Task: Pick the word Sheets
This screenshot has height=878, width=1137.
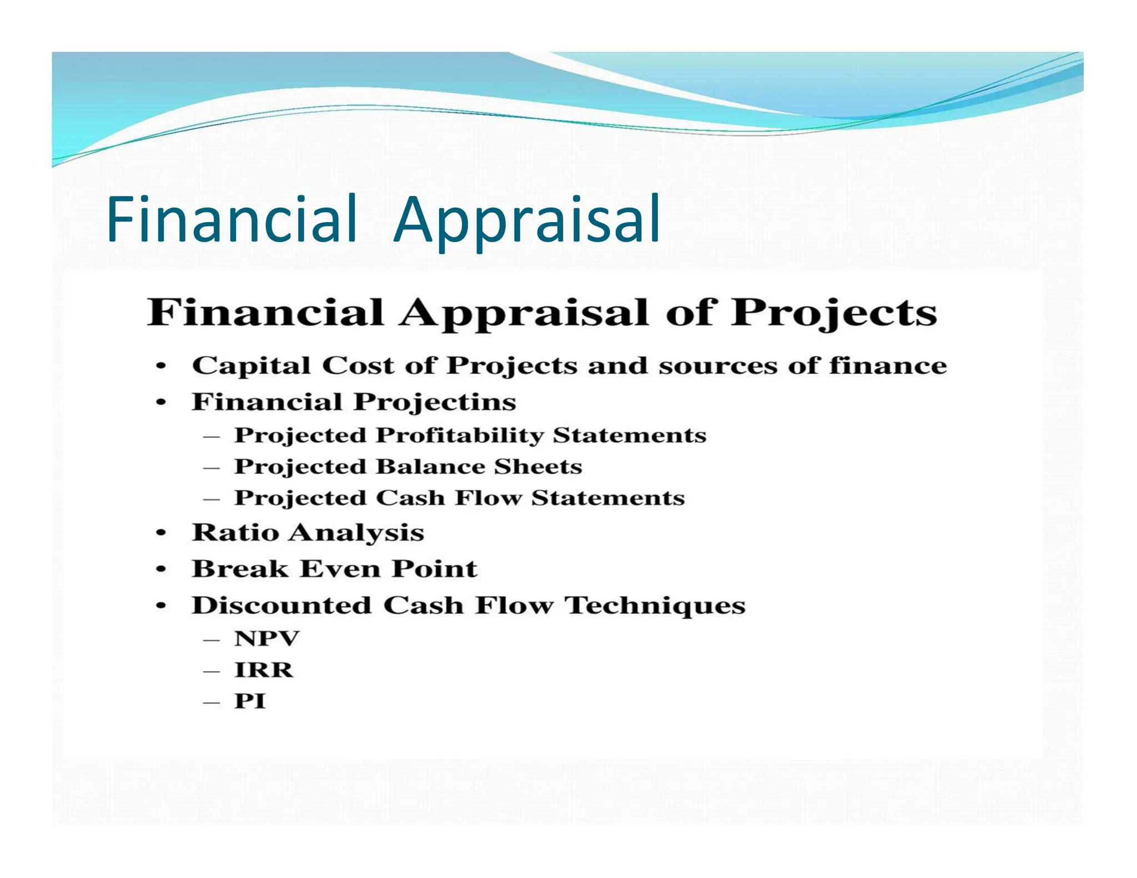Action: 538,467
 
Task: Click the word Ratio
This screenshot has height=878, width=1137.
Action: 235,532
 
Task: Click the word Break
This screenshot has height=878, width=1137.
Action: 240,569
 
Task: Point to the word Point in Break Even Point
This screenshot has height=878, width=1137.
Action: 434,569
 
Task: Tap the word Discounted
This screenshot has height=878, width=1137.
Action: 281,605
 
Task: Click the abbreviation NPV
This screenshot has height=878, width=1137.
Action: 266,639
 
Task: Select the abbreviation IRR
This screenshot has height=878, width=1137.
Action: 264,670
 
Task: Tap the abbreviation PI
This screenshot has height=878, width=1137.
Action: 250,701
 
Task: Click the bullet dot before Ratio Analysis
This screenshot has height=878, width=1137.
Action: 161,533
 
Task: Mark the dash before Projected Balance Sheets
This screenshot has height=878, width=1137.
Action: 212,468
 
